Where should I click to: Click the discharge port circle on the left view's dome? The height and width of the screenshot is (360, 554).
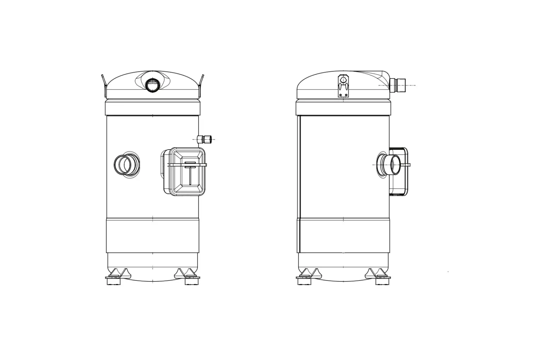[153, 85]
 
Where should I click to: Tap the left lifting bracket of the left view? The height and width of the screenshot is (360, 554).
[104, 85]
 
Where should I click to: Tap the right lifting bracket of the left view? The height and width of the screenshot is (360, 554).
[201, 85]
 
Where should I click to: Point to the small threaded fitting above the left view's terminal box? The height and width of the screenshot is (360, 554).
[206, 139]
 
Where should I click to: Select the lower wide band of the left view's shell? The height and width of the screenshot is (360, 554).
[152, 236]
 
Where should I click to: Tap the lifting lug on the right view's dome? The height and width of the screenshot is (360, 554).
[343, 86]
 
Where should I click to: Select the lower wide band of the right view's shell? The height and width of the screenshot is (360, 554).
[343, 236]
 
